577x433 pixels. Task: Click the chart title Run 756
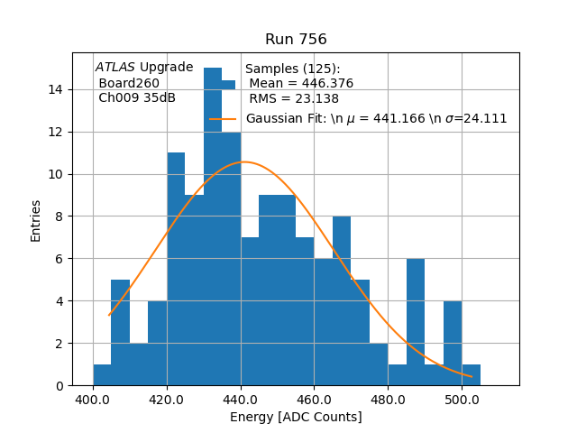click(296, 40)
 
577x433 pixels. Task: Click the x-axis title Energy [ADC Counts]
click(296, 417)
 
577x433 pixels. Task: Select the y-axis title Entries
click(36, 219)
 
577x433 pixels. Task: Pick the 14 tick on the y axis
click(56, 89)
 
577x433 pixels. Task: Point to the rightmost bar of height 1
click(471, 375)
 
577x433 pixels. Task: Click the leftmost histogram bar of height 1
click(102, 375)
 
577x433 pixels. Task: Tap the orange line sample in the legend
click(223, 119)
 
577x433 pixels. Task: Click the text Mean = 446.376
click(301, 84)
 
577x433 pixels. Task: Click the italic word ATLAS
click(115, 68)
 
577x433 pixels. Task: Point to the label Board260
click(129, 83)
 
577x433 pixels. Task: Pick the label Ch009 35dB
click(137, 98)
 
